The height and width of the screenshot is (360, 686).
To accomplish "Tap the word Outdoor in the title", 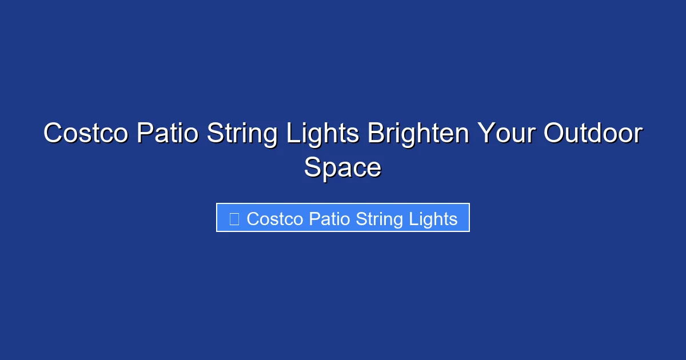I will [x=593, y=134].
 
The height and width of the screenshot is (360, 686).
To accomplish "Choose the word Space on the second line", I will [x=342, y=168].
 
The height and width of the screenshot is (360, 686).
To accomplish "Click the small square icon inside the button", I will [x=234, y=219].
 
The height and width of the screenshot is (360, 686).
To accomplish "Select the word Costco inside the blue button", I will [x=275, y=219].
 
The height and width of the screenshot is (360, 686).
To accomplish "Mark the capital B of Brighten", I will [x=376, y=134].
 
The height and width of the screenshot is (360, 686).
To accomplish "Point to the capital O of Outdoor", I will [x=554, y=134].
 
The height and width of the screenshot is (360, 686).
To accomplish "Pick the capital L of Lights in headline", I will [x=292, y=134].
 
